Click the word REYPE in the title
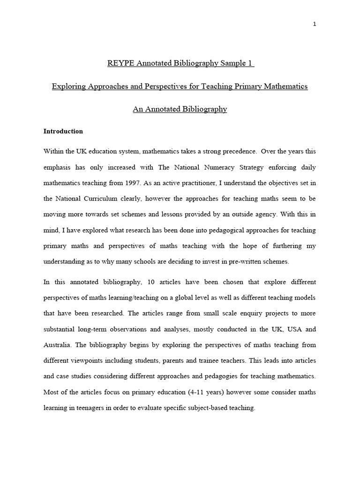click(121, 63)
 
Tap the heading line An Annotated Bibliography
click(180, 109)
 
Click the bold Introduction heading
click(63, 131)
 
